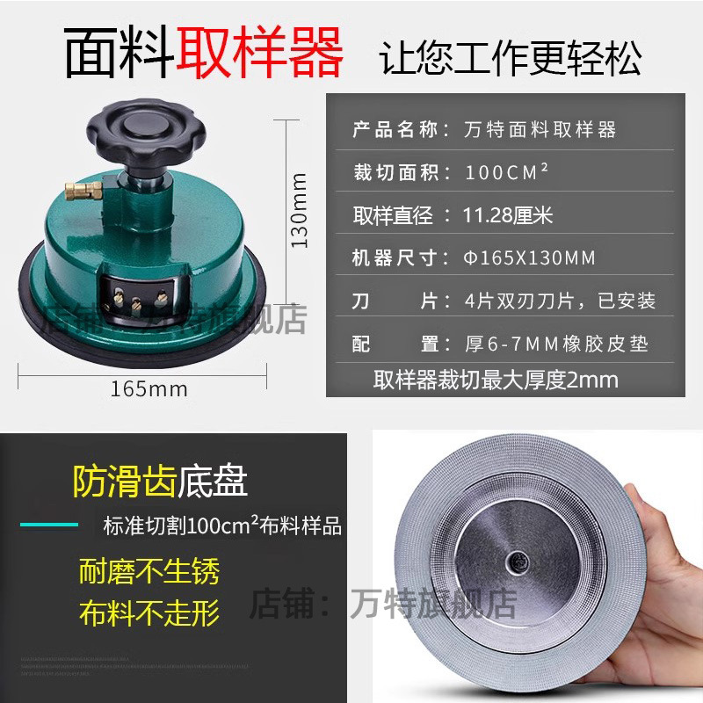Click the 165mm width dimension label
point(149,388)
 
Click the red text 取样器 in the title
point(260,52)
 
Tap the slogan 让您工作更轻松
point(511,57)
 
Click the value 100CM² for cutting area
point(507,172)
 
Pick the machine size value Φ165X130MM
point(530,257)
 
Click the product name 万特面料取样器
point(540,131)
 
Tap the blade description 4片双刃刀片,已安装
point(560,301)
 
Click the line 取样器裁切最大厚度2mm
point(496,380)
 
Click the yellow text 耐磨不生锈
point(149,572)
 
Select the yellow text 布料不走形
point(149,612)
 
